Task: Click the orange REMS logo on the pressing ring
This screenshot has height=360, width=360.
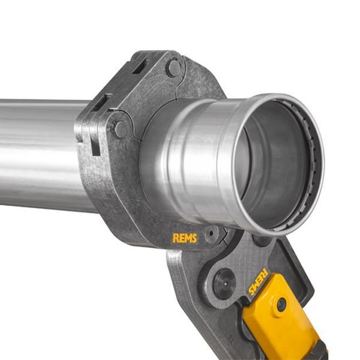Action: (x=185, y=238)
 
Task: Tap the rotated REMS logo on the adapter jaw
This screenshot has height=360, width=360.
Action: (x=258, y=282)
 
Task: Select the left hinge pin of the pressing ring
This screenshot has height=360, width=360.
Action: (x=121, y=130)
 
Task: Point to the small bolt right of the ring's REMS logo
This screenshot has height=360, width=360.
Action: (x=211, y=233)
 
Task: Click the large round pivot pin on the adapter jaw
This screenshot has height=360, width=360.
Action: (x=224, y=284)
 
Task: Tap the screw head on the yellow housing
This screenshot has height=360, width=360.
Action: (x=281, y=305)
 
